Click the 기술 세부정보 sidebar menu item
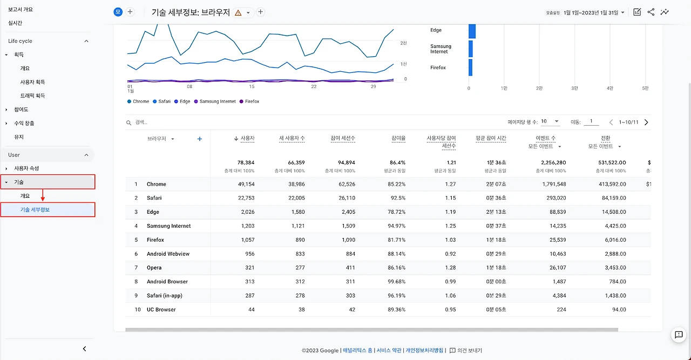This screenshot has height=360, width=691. pos(35,210)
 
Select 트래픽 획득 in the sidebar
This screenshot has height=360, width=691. pos(32,96)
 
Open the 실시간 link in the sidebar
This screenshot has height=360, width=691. pos(15,23)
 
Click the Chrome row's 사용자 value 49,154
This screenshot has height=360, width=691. pos(246,184)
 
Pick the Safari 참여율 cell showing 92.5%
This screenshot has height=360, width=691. pos(398,198)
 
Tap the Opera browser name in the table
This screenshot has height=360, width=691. pos(154,268)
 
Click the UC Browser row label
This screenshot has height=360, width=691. pos(161,309)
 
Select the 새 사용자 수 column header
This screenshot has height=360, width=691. pos(292,138)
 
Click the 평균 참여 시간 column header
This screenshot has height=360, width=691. pos(491,138)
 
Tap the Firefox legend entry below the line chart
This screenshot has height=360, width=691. pos(249,101)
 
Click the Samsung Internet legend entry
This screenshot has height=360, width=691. pos(215,101)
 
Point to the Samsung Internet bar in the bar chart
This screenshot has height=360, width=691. pos(470,49)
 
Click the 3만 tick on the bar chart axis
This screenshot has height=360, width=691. pos(574,88)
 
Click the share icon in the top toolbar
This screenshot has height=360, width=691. pos(651,12)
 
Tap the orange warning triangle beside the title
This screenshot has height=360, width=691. pos(238,12)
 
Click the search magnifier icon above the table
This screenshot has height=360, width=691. pos(128,123)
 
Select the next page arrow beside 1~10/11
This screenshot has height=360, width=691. pos(646,123)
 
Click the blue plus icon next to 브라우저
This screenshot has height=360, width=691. pos(200,139)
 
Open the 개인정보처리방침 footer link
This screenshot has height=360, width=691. pos(424,350)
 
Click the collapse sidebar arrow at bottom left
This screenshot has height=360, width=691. pos(85,349)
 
